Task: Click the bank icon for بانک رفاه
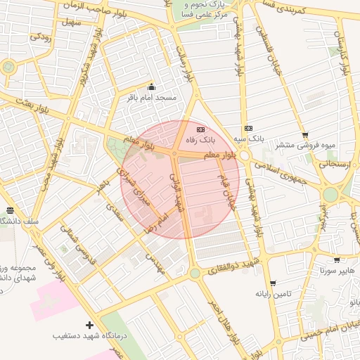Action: coord(201,129)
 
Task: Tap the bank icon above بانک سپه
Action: coord(248,128)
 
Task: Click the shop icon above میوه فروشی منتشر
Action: coord(304,135)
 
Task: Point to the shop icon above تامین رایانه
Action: coord(272,283)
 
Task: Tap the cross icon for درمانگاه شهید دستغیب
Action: coord(89,325)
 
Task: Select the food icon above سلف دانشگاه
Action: coord(10,210)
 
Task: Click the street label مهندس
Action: coord(155,264)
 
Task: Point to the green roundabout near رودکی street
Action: coord(8,67)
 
